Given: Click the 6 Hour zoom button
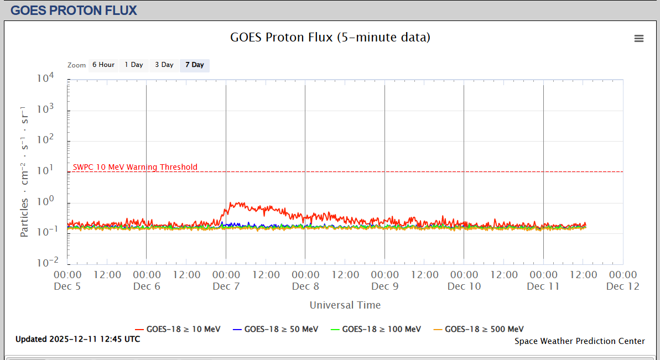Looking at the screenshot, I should point(103,65).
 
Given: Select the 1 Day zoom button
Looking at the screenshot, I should point(133,65).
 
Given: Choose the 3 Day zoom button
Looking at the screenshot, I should point(164,65).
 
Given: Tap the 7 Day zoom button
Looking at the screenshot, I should point(194,65).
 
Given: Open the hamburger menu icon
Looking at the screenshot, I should point(639,38).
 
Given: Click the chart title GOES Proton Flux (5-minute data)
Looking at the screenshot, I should point(330,38).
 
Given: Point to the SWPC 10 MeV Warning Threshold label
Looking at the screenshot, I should point(135,167).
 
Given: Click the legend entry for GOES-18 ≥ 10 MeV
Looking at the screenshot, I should point(178,329).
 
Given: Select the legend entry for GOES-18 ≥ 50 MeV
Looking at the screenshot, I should point(276,329).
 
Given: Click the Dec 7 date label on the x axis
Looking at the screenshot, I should point(226,286).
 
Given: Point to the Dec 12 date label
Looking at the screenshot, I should point(623,286).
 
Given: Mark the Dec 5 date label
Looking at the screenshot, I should point(67,286).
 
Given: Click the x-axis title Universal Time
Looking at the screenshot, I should point(345,305).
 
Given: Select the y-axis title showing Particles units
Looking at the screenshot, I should point(24,171).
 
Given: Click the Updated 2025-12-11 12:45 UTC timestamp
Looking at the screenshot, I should point(77,339).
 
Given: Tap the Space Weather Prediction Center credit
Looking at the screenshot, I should point(579,341).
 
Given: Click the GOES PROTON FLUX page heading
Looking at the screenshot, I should point(74,10).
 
